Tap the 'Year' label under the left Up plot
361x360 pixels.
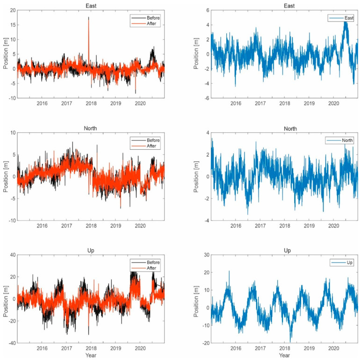pos(91,355)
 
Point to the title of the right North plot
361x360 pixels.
pos(284,128)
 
